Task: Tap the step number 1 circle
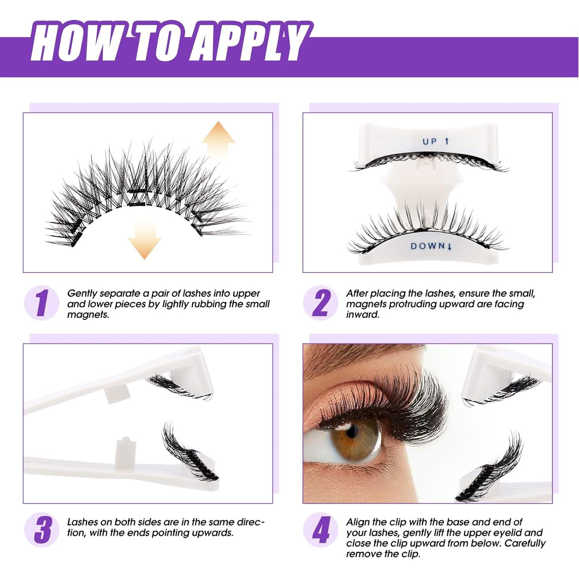click(x=42, y=303)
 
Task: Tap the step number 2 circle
click(x=320, y=303)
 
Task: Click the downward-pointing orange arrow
click(x=144, y=239)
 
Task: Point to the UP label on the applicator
click(x=430, y=141)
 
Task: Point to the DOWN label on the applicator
click(x=427, y=246)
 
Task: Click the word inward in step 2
click(x=362, y=315)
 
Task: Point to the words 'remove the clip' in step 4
click(x=383, y=554)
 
